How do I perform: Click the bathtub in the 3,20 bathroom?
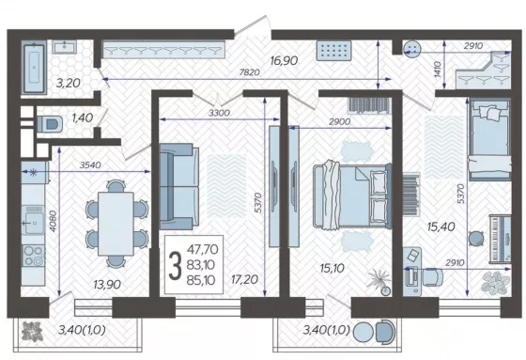pyautogui.click(x=34, y=68)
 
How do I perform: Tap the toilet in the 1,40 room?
pyautogui.click(x=49, y=123)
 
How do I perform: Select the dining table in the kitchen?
pyautogui.click(x=116, y=224)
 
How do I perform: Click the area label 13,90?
pyautogui.click(x=107, y=285)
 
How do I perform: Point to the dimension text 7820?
pyautogui.click(x=249, y=72)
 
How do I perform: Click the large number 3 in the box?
pyautogui.click(x=175, y=265)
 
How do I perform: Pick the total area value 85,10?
pyautogui.click(x=202, y=280)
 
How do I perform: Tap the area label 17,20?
pyautogui.click(x=244, y=279)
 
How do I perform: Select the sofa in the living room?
pyautogui.click(x=178, y=187)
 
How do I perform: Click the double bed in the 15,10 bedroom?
pyautogui.click(x=352, y=196)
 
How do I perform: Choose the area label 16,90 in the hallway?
pyautogui.click(x=284, y=60)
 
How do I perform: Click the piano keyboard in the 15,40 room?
pyautogui.click(x=500, y=238)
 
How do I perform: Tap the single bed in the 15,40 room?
pyautogui.click(x=489, y=139)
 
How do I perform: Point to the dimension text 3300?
pyautogui.click(x=219, y=113)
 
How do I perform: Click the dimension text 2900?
pyautogui.click(x=339, y=121)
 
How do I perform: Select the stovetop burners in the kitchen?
pyautogui.click(x=33, y=256)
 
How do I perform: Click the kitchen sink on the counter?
pyautogui.click(x=33, y=220)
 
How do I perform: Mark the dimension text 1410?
pyautogui.click(x=438, y=70)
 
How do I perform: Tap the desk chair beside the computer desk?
pyautogui.click(x=432, y=277)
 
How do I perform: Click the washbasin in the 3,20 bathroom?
pyautogui.click(x=65, y=47)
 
